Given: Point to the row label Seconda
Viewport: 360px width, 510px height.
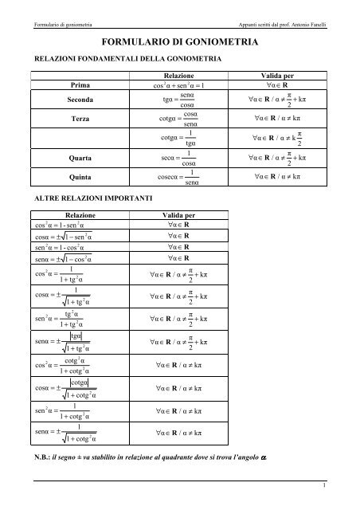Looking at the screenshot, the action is (80, 100).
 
